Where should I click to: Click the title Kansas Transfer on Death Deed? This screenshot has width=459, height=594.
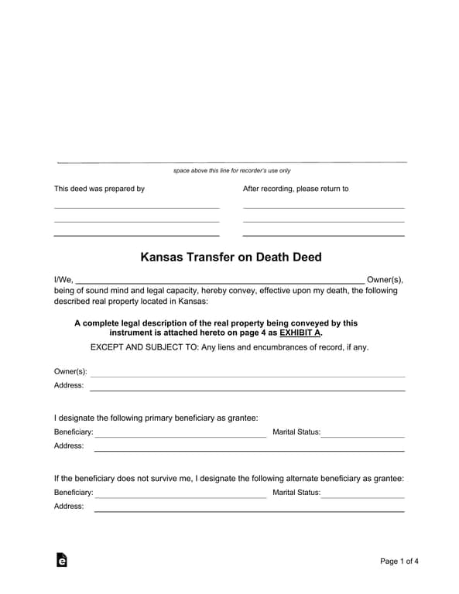(x=230, y=257)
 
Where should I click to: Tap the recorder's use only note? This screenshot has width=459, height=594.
(x=231, y=170)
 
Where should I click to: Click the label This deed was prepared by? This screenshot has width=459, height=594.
(x=99, y=189)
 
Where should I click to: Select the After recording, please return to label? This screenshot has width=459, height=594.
(x=296, y=189)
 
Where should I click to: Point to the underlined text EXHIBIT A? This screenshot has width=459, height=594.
(x=300, y=333)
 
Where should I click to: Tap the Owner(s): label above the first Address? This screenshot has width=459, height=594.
(x=70, y=371)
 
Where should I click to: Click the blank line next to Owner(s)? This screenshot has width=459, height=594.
(x=248, y=375)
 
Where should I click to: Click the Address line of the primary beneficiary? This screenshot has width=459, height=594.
(x=248, y=449)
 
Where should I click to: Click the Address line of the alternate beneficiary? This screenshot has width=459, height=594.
(x=248, y=510)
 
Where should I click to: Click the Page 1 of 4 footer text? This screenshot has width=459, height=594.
(x=399, y=561)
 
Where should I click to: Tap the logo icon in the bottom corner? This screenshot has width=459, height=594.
(x=62, y=560)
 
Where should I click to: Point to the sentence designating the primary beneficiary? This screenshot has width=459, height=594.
(x=156, y=418)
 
